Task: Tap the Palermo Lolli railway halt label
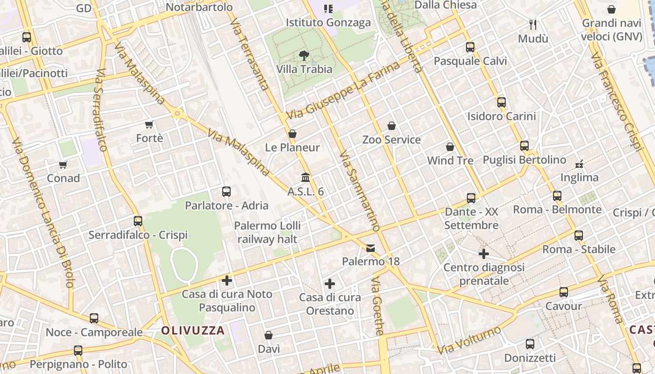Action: [267, 232]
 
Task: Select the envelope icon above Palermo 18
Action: [371, 248]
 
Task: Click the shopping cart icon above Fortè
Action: [149, 124]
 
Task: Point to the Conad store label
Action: [63, 178]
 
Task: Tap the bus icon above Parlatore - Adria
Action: [226, 191]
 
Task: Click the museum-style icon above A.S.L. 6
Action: [306, 178]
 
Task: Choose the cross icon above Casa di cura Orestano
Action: [330, 283]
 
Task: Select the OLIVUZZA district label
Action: [193, 331]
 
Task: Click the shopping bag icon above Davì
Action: [269, 335]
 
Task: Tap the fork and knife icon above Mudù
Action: [533, 24]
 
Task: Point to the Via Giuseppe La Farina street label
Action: [344, 90]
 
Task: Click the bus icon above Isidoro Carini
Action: [502, 102]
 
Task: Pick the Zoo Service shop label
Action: [392, 140]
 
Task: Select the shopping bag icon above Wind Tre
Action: [450, 147]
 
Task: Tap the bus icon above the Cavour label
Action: [564, 292]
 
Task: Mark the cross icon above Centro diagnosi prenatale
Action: [484, 254]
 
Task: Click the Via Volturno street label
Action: [469, 340]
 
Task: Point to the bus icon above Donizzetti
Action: [530, 344]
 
